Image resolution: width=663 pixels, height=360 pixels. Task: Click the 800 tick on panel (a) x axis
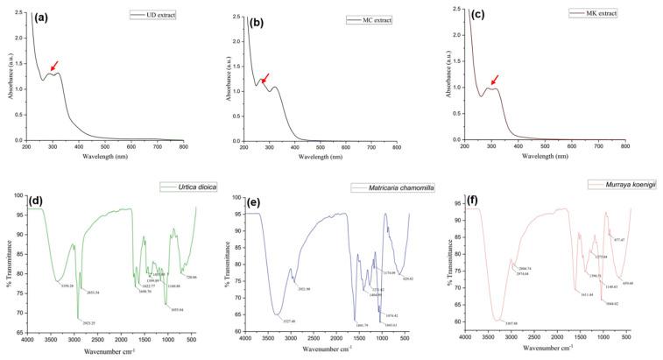tap(183, 147)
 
